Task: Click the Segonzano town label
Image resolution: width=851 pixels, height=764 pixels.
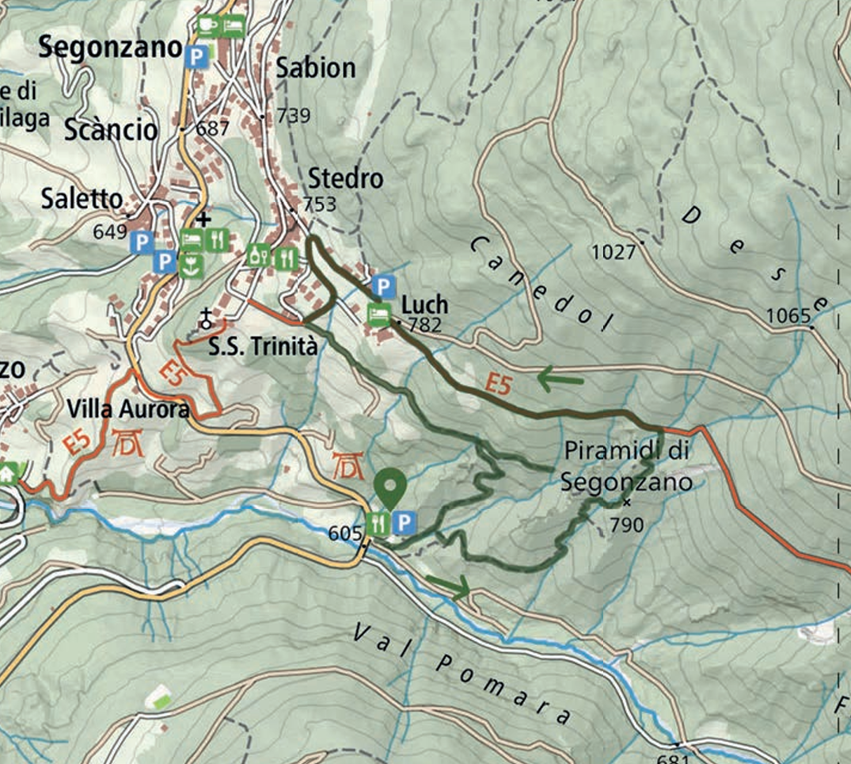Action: [111, 48]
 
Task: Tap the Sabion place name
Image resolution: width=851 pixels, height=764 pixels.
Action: [316, 69]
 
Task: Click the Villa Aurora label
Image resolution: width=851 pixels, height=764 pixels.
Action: [128, 409]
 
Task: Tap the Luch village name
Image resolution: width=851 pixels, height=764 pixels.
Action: [425, 304]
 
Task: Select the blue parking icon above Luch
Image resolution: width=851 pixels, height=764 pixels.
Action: [383, 285]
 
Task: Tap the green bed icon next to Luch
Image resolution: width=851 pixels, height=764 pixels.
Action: [380, 315]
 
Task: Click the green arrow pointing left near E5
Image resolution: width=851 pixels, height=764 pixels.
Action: [560, 380]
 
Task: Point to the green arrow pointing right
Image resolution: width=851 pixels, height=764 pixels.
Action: [449, 587]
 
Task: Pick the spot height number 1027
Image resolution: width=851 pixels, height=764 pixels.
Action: [614, 253]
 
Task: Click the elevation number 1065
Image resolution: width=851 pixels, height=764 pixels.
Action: [789, 317]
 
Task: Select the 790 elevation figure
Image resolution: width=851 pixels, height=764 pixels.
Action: [626, 523]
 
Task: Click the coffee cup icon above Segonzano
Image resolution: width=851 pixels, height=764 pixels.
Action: [207, 25]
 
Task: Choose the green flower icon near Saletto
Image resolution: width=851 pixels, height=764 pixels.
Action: [188, 265]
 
